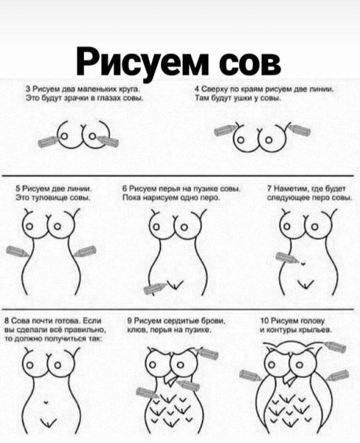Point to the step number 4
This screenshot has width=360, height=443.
point(197,87)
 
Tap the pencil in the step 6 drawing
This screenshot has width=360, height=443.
point(155,287)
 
